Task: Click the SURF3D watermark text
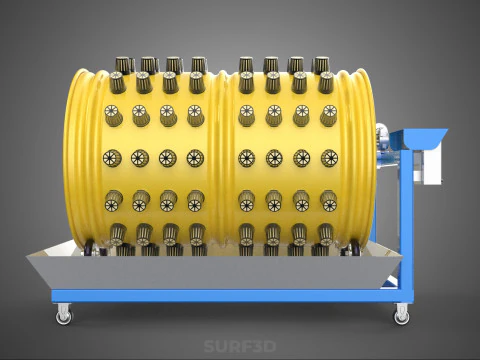pyautogui.click(x=240, y=346)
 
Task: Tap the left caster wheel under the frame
pyautogui.click(x=63, y=314)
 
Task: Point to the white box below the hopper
pyautogui.click(x=428, y=166)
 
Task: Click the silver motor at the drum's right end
pyautogui.click(x=383, y=144)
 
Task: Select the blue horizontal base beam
pyautogui.click(x=230, y=296)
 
